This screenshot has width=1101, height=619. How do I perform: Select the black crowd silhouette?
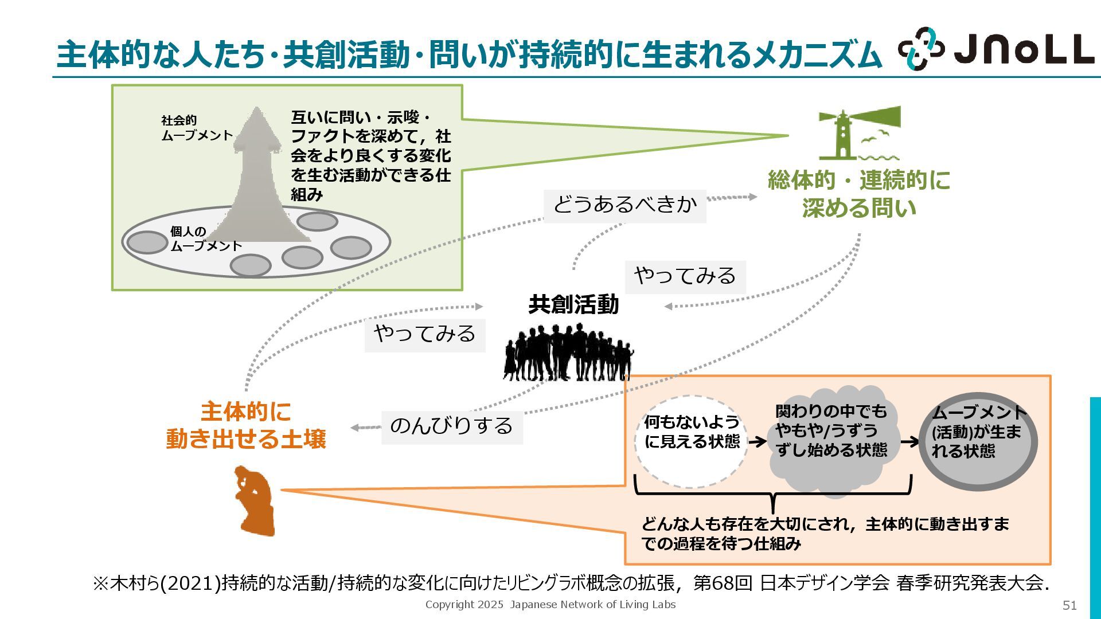click(x=568, y=353)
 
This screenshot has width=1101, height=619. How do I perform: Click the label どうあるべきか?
click(x=624, y=205)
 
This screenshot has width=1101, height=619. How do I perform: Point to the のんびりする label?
click(x=451, y=426)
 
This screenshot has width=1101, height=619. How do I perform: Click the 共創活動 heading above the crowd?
click(x=573, y=304)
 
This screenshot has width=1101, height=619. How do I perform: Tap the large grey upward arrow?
click(x=257, y=172)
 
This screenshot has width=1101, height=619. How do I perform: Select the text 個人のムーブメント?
click(x=205, y=239)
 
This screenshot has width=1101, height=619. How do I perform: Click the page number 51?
click(x=1069, y=605)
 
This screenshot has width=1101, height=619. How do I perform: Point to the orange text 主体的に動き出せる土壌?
click(x=246, y=426)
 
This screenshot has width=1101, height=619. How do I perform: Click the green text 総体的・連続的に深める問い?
click(x=858, y=194)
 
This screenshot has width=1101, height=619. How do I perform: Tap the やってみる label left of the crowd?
click(x=424, y=334)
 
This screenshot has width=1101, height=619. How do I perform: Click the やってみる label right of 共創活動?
click(x=685, y=276)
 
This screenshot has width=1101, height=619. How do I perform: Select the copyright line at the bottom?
click(x=550, y=605)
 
